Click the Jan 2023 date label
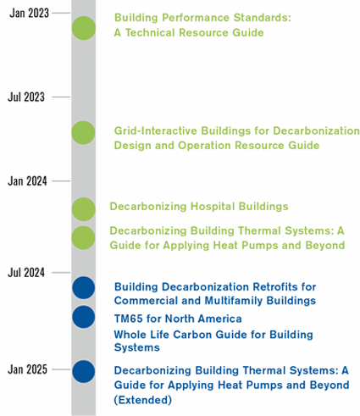pyautogui.click(x=29, y=13)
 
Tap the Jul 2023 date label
pyautogui.click(x=26, y=97)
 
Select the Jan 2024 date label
pyautogui.click(x=27, y=181)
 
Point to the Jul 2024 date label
pyautogui.click(x=26, y=273)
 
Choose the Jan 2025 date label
pyautogui.click(x=27, y=369)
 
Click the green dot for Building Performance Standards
pyautogui.click(x=84, y=28)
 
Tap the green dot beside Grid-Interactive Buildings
pyautogui.click(x=83, y=133)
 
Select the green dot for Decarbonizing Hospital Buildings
pyautogui.click(x=84, y=209)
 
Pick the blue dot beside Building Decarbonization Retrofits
pyautogui.click(x=84, y=288)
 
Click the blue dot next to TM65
pyautogui.click(x=84, y=317)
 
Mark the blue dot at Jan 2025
pyautogui.click(x=84, y=372)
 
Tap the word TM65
pyautogui.click(x=129, y=319)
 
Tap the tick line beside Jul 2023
pyautogui.click(x=61, y=97)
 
